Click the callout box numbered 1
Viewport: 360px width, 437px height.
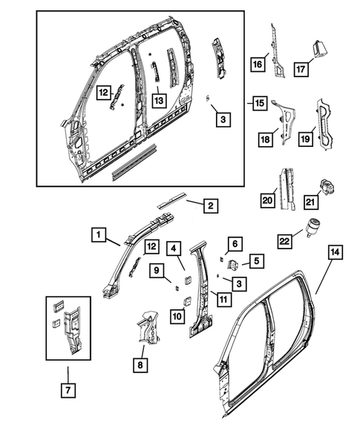(97, 235)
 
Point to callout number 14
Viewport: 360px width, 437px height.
(335, 253)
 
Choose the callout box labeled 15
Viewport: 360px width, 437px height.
(258, 102)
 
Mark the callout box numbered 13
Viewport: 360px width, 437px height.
(158, 99)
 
